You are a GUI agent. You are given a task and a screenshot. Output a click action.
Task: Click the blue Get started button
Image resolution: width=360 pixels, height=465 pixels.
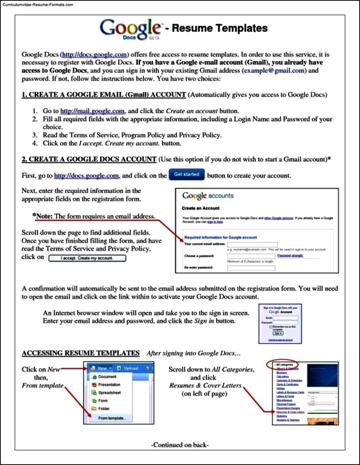(186, 175)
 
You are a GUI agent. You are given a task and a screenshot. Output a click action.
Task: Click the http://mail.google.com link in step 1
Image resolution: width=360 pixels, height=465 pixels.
(92, 111)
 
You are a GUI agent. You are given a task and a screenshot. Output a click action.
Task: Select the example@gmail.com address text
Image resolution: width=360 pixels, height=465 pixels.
(275, 71)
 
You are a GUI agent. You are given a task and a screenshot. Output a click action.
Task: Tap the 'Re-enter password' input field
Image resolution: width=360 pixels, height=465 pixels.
(251, 268)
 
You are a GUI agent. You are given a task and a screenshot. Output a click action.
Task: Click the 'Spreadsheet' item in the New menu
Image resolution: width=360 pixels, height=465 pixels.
(109, 393)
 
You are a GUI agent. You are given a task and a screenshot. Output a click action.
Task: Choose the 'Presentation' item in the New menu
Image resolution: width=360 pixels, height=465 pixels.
(109, 385)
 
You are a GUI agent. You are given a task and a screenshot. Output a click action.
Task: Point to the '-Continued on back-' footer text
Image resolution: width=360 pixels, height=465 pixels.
(180, 445)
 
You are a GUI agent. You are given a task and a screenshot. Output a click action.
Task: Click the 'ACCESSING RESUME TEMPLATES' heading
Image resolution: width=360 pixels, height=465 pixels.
(80, 353)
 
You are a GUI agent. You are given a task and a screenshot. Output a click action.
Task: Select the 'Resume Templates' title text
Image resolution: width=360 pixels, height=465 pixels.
(220, 29)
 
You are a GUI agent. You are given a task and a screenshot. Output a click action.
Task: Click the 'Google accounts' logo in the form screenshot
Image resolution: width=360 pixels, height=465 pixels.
(208, 196)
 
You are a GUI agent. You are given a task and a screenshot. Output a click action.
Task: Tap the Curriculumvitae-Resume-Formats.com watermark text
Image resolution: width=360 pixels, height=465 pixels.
(37, 5)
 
